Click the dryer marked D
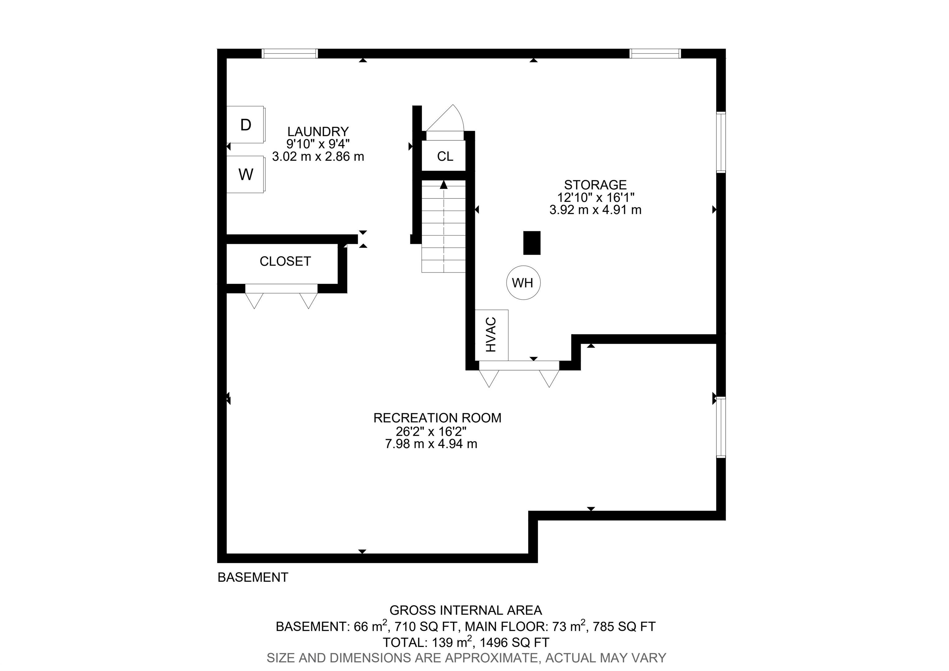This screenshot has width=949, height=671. (246, 125)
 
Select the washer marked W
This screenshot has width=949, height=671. (246, 174)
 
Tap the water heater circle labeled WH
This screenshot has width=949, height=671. (523, 283)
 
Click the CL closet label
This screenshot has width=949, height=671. (445, 156)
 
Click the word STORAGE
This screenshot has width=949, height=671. (595, 185)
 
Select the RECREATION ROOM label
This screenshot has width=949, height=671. (437, 418)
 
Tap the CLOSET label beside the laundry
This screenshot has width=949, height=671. (285, 261)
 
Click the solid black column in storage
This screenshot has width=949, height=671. (532, 243)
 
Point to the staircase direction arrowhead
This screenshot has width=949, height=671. (444, 185)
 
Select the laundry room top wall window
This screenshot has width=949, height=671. (290, 53)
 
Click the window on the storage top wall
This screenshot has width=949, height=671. (655, 53)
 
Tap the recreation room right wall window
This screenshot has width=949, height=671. (721, 427)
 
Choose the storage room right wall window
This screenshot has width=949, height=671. (721, 142)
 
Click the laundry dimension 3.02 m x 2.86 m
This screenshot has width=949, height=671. (318, 157)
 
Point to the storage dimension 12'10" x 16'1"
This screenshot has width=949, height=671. (596, 197)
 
